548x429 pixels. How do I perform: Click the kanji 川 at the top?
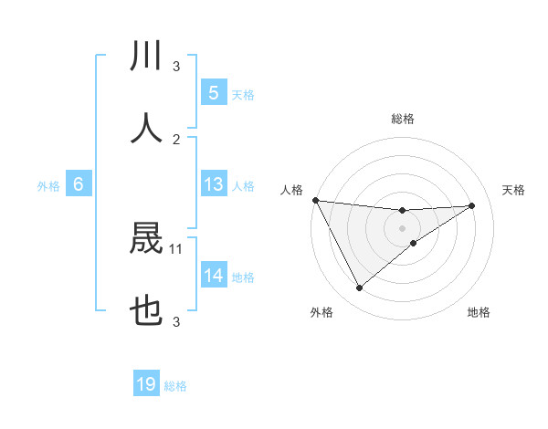pos(146,56)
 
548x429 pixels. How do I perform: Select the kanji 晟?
pos(146,240)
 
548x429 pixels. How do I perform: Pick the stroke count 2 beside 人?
pos(176,139)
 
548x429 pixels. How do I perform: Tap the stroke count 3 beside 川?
pos(176,66)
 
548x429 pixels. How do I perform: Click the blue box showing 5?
pos(213,93)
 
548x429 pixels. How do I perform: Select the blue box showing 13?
pos(213,184)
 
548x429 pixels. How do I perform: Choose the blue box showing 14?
pos(213,276)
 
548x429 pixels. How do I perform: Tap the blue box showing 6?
pos(79,184)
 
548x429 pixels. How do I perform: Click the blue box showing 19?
pos(146,384)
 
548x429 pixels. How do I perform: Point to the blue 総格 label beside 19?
pos(175,386)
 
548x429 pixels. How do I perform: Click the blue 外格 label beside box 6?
pos(48,186)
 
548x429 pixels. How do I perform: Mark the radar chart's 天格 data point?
pos(472,205)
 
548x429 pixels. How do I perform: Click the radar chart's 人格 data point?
pos(315,200)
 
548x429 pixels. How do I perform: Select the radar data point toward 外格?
pos(359,288)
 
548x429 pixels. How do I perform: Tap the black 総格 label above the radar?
pos(402,119)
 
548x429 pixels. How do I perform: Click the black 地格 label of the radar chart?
pos(479,312)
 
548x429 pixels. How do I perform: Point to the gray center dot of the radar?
pos(402,227)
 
